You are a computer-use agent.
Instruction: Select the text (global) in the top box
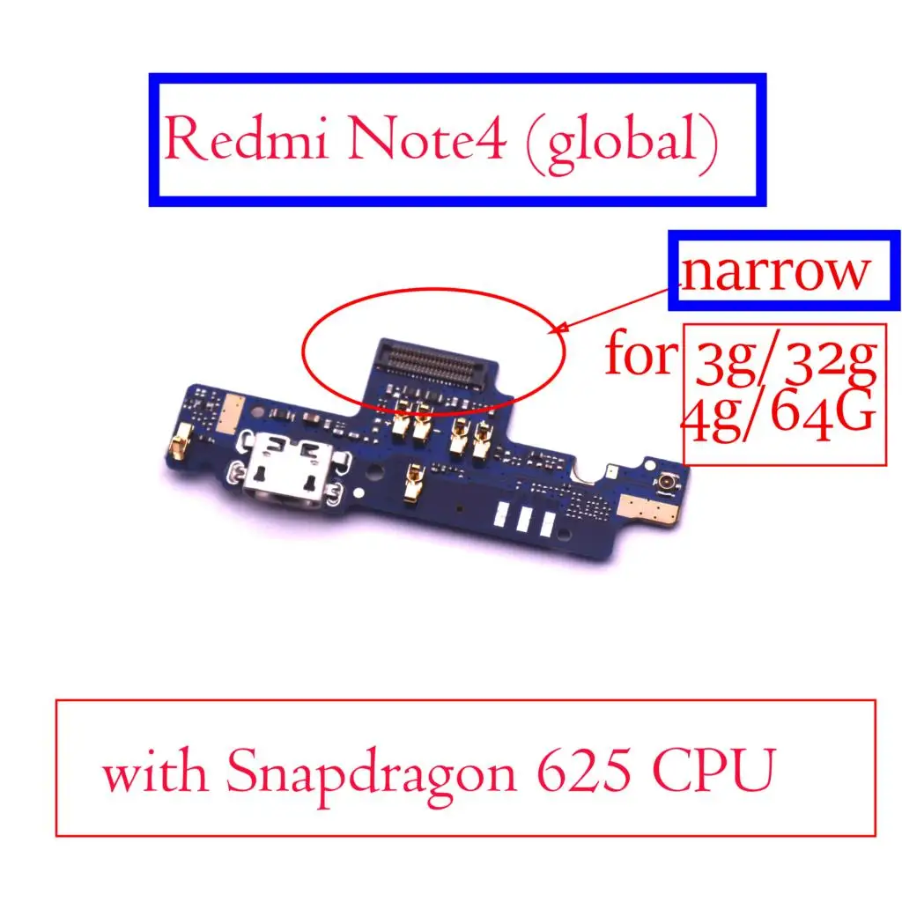click(623, 143)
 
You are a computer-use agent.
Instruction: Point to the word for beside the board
click(641, 354)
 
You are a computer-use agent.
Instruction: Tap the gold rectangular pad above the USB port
click(228, 414)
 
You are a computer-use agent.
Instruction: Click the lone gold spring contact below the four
click(414, 482)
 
